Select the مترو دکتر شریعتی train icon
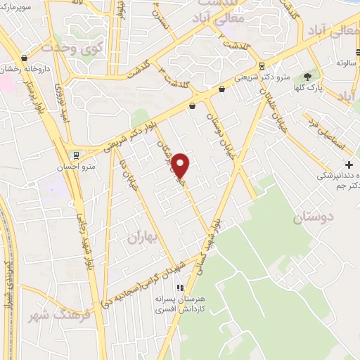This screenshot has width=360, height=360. click(x=262, y=66)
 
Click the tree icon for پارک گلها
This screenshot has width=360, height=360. click(x=308, y=76)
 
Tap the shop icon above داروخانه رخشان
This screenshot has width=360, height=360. click(x=25, y=58)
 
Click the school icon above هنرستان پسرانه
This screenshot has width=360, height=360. click(x=180, y=288)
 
